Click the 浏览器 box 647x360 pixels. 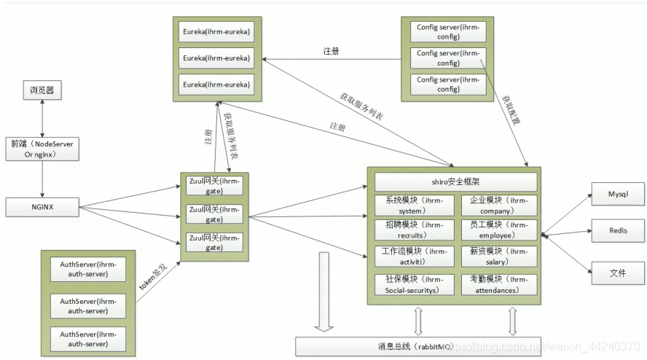coord(42,91)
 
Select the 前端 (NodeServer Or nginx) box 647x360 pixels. coord(42,149)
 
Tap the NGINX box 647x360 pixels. coord(42,207)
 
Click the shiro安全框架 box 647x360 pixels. coord(455,181)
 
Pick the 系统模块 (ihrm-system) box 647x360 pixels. coord(414,206)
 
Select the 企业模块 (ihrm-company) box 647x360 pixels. coord(499,206)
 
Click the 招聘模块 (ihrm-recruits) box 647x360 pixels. coord(414,230)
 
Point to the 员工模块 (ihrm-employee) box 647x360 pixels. coord(499,230)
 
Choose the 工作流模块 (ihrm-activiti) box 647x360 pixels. coord(414,257)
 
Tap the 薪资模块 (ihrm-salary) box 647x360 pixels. coord(499,257)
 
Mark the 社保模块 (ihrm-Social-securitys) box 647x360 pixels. coord(414,284)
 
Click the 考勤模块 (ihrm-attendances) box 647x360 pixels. coord(499,284)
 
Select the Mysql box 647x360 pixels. coord(617,195)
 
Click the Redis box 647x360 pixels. coord(617,231)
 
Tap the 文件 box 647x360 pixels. coord(617,273)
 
